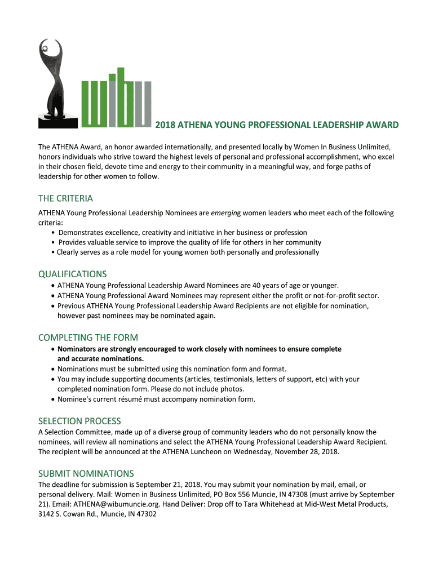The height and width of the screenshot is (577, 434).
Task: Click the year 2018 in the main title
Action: tap(165, 125)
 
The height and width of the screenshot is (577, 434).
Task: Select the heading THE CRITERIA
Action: tap(65, 198)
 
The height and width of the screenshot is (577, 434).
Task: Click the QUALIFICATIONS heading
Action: tap(72, 274)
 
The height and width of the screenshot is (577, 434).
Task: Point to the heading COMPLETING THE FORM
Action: tap(88, 338)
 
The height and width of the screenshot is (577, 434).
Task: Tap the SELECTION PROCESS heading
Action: tap(79, 421)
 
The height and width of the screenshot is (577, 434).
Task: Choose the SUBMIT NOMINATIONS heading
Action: tap(86, 473)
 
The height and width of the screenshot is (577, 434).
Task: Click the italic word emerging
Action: tap(225, 213)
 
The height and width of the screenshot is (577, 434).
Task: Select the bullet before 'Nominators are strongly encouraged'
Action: tap(52, 349)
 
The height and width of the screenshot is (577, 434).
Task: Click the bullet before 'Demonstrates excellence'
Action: tap(53, 233)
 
